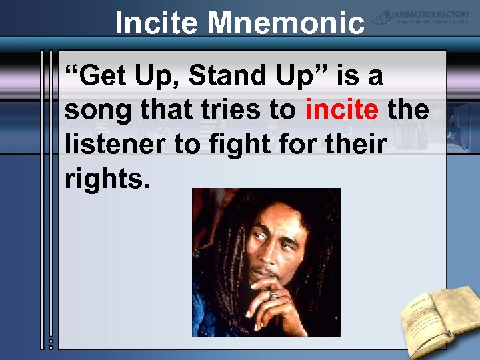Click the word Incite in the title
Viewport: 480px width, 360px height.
[157, 23]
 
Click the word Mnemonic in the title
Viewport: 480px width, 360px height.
[287, 23]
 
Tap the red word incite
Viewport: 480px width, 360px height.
[342, 109]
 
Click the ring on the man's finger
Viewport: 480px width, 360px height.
[273, 295]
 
